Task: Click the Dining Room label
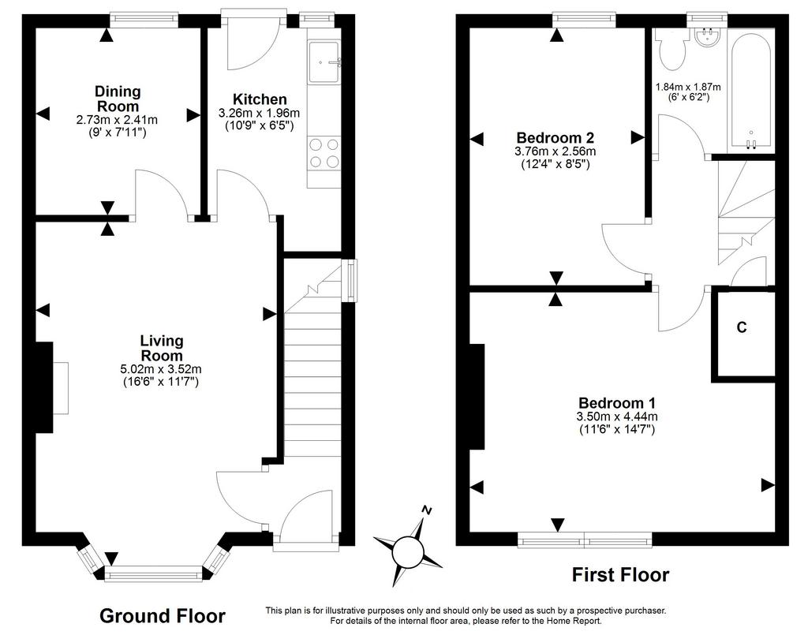(x=118, y=99)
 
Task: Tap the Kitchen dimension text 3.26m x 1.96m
(x=259, y=113)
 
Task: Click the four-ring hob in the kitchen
(x=324, y=153)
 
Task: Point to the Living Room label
(x=161, y=348)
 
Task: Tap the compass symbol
(x=408, y=550)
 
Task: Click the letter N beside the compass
(x=427, y=510)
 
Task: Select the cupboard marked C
(x=742, y=328)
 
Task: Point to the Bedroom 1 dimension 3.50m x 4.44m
(x=618, y=416)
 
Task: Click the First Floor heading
(x=620, y=575)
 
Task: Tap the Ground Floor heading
(x=163, y=616)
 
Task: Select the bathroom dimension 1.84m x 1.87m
(x=688, y=88)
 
